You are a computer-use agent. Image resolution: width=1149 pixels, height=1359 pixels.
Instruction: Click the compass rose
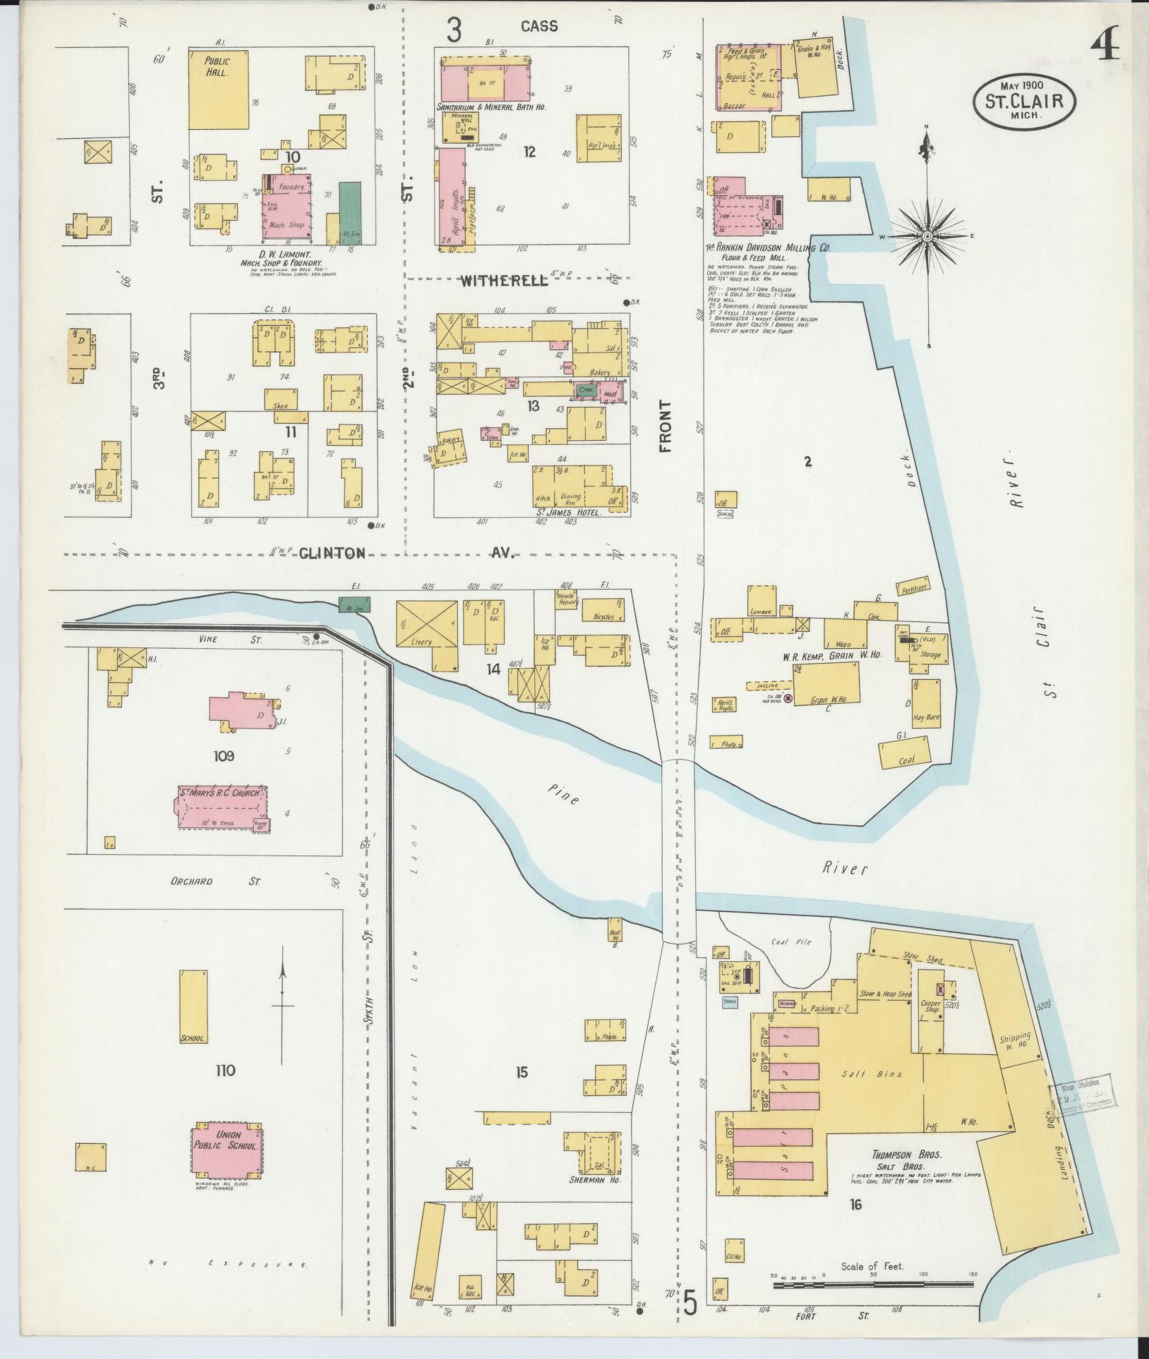[x=927, y=235]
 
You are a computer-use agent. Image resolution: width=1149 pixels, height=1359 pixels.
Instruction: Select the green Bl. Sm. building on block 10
[x=349, y=213]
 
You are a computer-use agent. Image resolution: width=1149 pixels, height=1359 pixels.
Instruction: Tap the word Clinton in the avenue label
[x=332, y=553]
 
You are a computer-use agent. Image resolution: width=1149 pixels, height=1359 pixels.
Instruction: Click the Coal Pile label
[x=790, y=941]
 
